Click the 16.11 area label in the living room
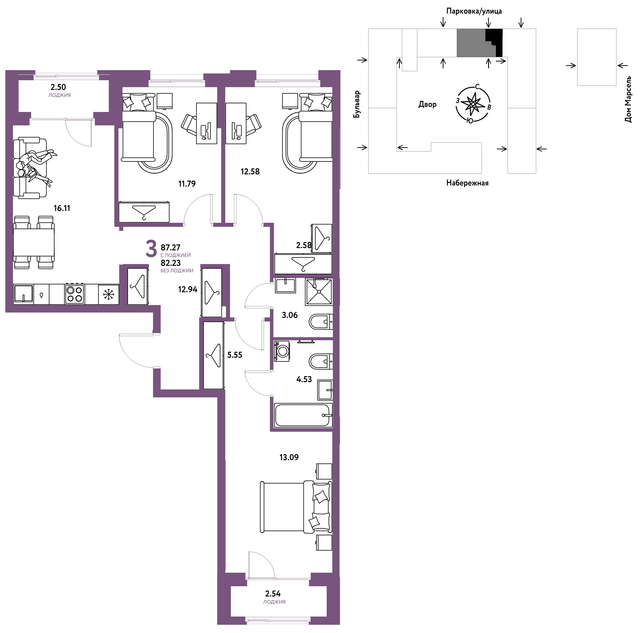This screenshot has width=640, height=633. pos(62,208)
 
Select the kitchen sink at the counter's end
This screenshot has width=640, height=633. pos(23,294)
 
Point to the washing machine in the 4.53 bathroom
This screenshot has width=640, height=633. pos(282,351)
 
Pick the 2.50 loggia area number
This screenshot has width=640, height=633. pos(58,87)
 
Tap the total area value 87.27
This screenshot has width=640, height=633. pos(171,247)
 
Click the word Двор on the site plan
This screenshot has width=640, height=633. pos(427,104)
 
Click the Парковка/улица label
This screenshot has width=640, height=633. pos(474,11)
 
